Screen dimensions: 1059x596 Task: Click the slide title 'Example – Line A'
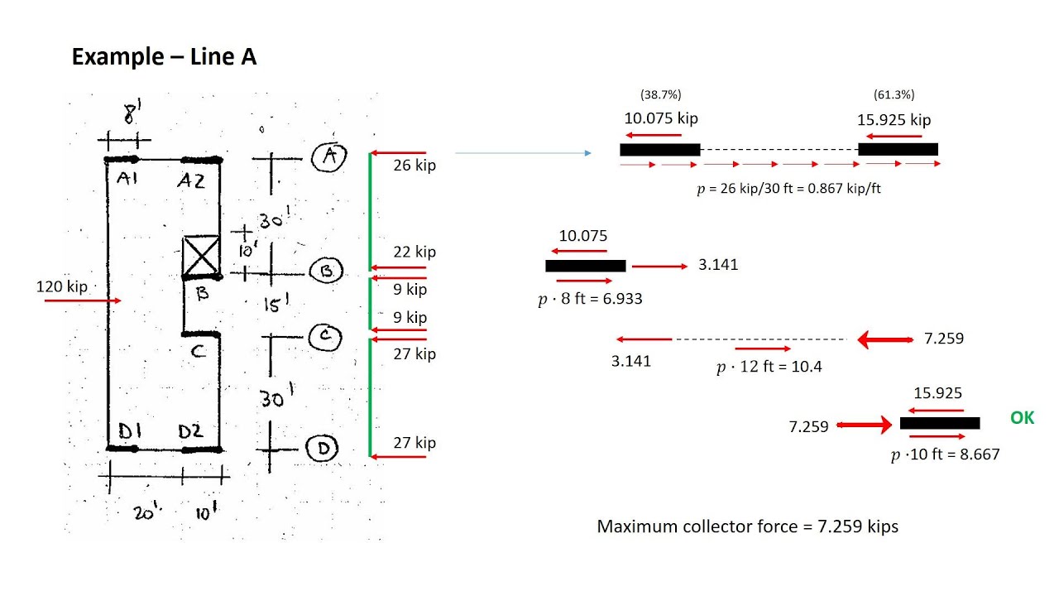[x=164, y=57]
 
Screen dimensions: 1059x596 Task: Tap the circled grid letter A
[x=329, y=156]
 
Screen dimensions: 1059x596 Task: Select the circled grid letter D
[x=322, y=448]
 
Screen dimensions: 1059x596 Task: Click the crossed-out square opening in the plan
[x=201, y=256]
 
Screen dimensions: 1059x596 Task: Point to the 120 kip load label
[x=62, y=286]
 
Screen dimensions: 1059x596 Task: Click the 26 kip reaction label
[x=414, y=165]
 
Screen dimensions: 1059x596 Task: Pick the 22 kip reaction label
[x=414, y=252]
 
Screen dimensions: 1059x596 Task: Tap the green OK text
[x=1022, y=418]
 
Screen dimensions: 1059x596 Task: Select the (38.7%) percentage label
[x=660, y=94]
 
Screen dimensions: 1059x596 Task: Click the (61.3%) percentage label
[x=894, y=94]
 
